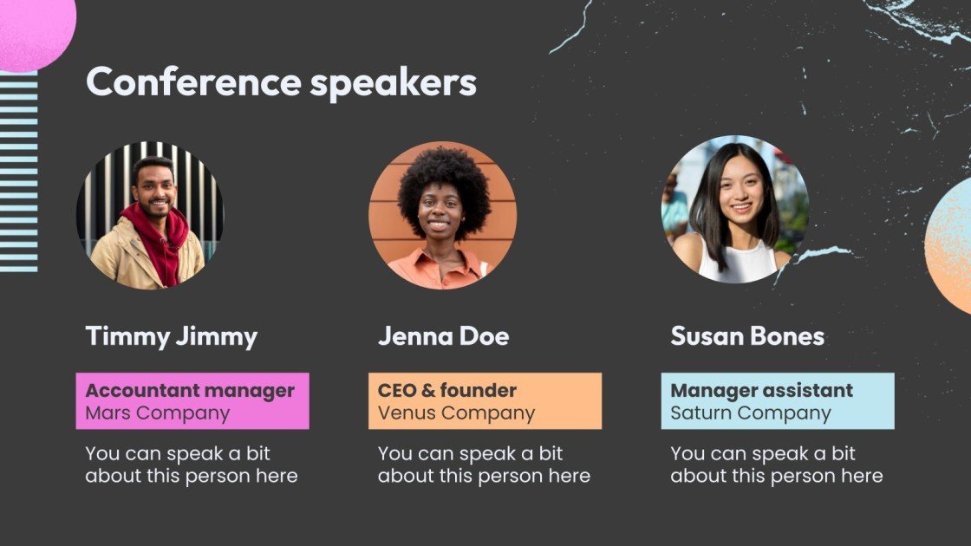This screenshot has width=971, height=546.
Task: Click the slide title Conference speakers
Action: (281, 83)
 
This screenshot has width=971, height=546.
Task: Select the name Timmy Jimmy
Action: (171, 336)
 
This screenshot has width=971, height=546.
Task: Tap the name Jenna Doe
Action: (443, 336)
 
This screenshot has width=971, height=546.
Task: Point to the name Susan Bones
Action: (746, 336)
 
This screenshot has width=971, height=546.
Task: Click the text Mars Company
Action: (157, 413)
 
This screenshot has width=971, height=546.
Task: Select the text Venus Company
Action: (456, 413)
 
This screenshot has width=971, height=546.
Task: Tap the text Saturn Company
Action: (750, 413)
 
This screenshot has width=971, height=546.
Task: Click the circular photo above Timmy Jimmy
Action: (150, 215)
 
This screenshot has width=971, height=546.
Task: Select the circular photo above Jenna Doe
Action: (443, 215)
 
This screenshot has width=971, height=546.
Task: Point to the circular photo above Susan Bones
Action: (735, 209)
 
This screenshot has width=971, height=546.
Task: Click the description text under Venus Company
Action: (484, 465)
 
